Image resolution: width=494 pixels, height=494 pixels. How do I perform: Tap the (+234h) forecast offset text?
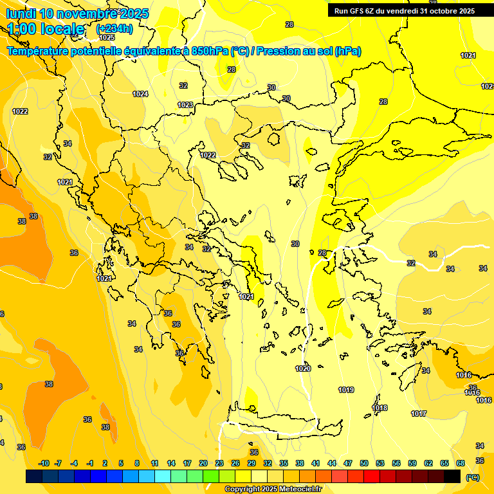pyautogui.click(x=114, y=28)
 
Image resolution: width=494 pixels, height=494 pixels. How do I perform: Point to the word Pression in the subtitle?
pyautogui.click(x=279, y=51)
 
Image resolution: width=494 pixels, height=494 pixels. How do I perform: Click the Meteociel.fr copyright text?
pyautogui.click(x=273, y=489)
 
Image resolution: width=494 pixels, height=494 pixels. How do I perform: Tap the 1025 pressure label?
pyautogui.click(x=107, y=37)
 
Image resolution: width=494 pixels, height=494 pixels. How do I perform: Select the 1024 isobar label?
pyautogui.click(x=140, y=94)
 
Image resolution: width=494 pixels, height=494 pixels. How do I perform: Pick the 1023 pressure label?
pyautogui.click(x=185, y=105)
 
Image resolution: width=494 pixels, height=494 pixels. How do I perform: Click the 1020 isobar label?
pyautogui.click(x=303, y=369)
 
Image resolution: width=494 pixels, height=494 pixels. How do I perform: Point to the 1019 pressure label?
pyautogui.click(x=346, y=390)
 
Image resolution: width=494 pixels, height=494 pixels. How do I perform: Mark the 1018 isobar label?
pyautogui.click(x=380, y=408)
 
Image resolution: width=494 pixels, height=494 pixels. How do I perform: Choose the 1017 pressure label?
pyautogui.click(x=419, y=414)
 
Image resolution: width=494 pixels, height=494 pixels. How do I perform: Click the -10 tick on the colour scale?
pyautogui.click(x=44, y=463)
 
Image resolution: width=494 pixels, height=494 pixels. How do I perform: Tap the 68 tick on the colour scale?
pyautogui.click(x=461, y=463)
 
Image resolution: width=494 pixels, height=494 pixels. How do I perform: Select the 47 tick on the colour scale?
pyautogui.click(x=348, y=463)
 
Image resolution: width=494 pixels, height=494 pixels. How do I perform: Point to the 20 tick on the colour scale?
pyautogui.click(x=203, y=463)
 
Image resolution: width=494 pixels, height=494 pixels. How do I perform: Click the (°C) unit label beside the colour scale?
pyautogui.click(x=472, y=477)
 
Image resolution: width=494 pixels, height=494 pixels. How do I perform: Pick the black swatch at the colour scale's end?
pyautogui.click(x=453, y=476)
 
